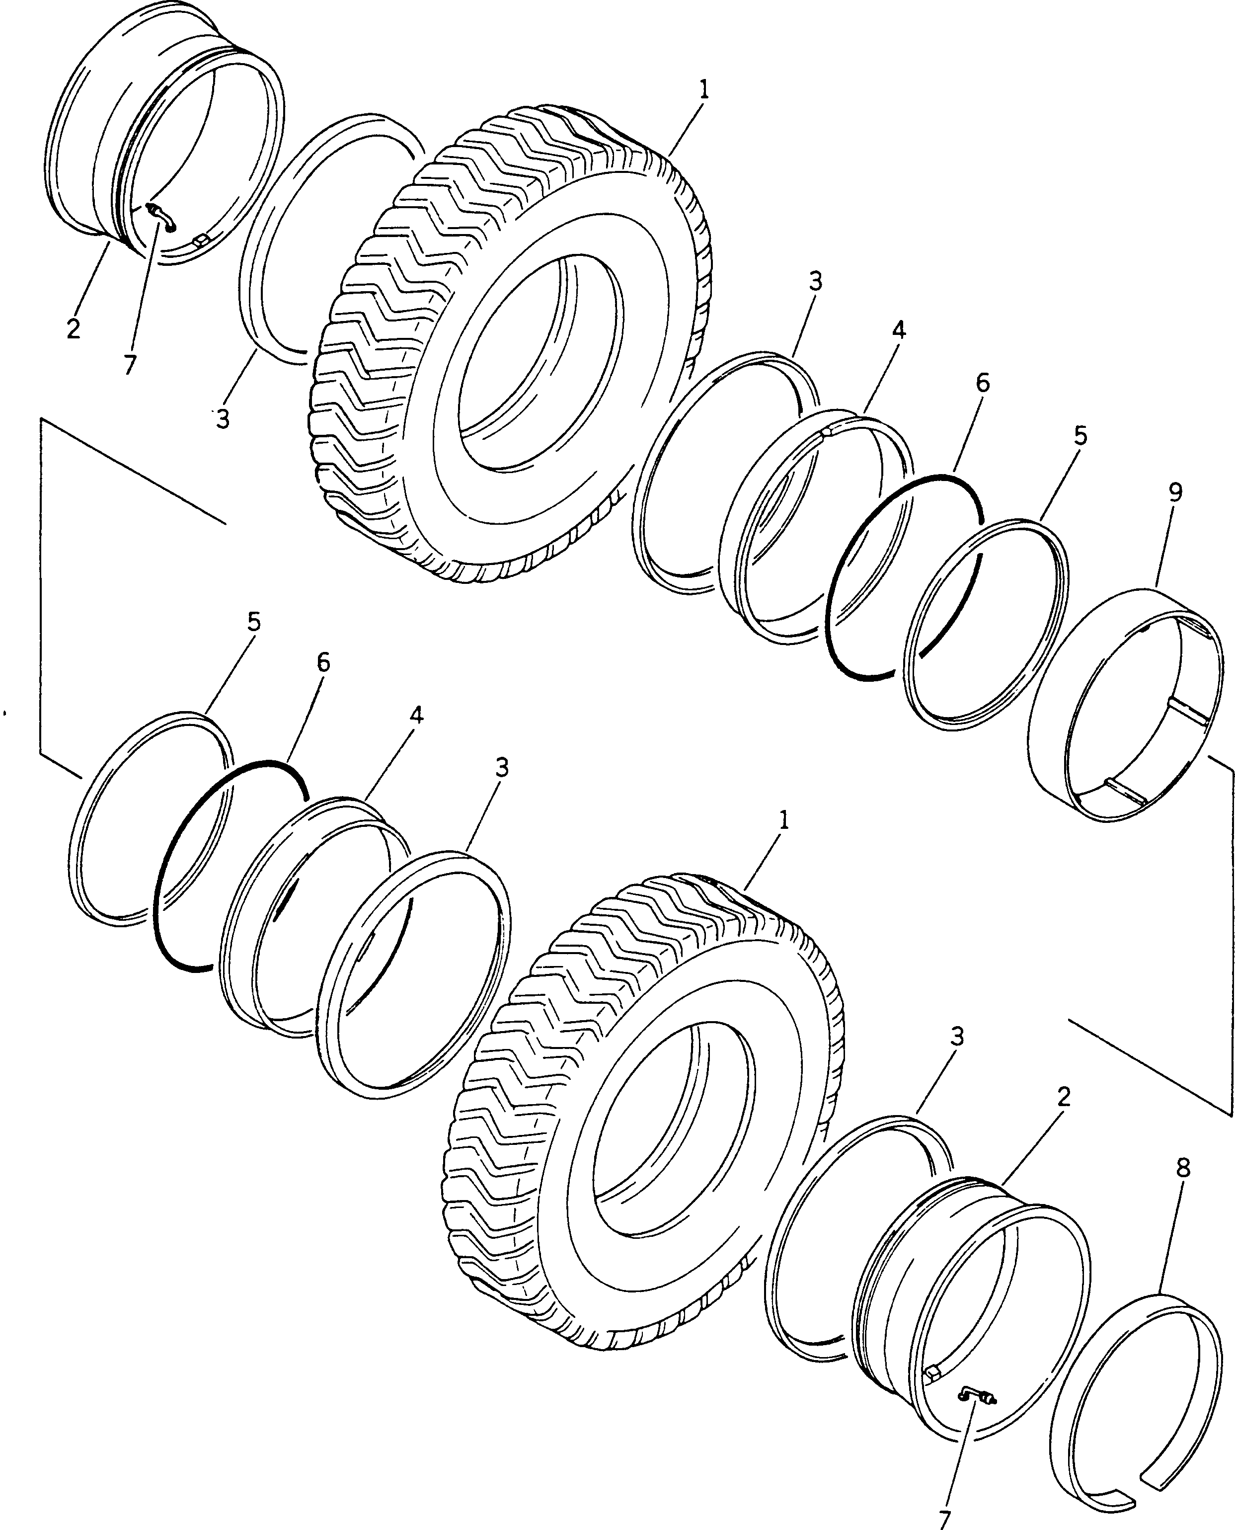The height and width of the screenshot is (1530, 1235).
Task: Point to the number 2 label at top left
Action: (73, 329)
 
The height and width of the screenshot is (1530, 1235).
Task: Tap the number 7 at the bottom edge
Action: (945, 1520)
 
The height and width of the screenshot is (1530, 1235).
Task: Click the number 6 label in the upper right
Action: (983, 383)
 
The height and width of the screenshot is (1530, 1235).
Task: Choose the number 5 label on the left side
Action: (254, 622)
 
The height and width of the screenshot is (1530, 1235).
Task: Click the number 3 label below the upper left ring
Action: (223, 420)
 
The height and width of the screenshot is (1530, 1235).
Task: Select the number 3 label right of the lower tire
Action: (957, 1038)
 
